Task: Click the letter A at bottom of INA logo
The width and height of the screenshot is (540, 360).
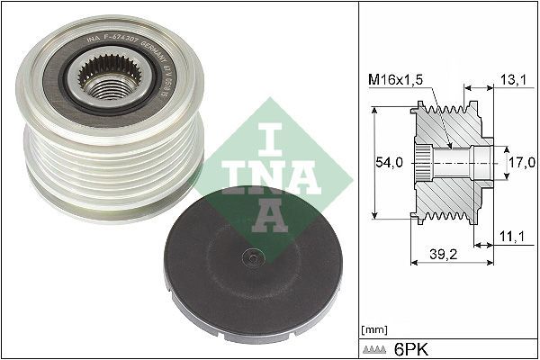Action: (266, 213)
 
